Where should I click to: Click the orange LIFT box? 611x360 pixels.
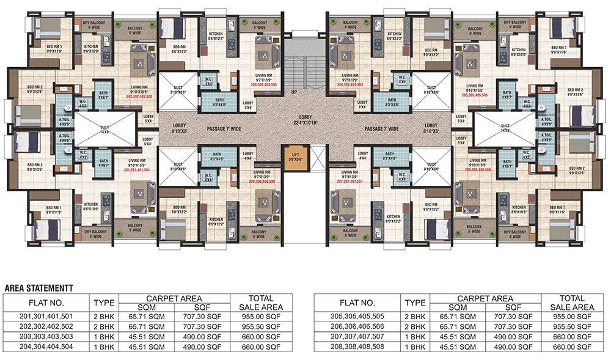pyautogui.click(x=293, y=158)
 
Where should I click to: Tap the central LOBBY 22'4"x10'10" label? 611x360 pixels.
pyautogui.click(x=305, y=119)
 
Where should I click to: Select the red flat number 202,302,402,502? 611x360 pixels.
pyautogui.click(x=139, y=97)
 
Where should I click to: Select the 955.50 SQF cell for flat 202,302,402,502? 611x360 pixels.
pyautogui.click(x=261, y=327)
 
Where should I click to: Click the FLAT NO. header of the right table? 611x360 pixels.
pyautogui.click(x=357, y=303)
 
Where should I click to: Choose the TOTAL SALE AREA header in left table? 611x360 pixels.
pyautogui.click(x=261, y=303)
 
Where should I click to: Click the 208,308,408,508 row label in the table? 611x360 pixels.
pyautogui.click(x=357, y=346)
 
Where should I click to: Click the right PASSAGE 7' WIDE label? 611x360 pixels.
pyautogui.click(x=382, y=129)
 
